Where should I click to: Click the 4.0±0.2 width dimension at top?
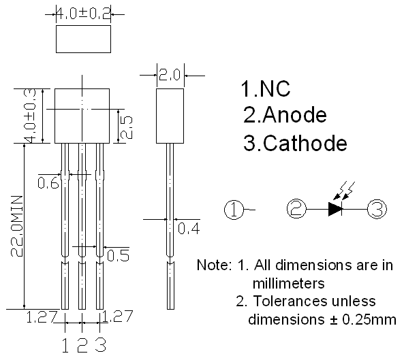pos(84,14)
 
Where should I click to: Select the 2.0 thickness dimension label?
pos(170,75)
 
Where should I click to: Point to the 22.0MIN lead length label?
pos(17,226)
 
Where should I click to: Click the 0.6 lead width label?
pos(48,183)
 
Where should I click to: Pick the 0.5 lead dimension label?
pos(118,255)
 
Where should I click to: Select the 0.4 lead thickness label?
pos(189,228)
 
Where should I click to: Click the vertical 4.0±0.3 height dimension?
pos(30,116)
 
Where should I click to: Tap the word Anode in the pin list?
pos(295,115)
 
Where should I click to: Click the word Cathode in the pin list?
pos(305,143)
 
